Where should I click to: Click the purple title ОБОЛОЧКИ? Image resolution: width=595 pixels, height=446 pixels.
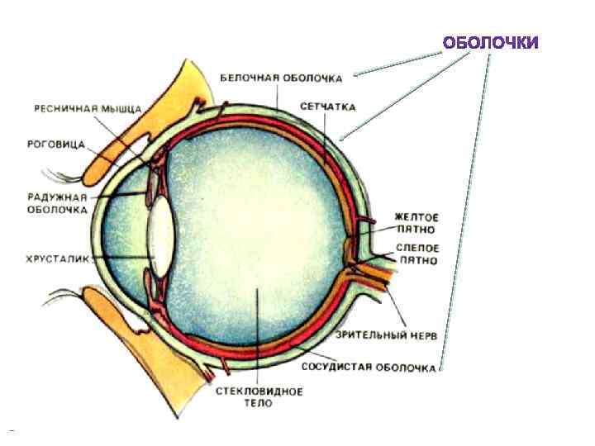490,42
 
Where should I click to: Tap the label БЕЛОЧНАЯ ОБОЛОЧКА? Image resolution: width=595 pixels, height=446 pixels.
281,78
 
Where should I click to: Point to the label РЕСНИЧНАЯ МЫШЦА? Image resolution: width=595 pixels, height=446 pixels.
88,108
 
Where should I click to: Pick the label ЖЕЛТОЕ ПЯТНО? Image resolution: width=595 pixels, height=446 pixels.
415,221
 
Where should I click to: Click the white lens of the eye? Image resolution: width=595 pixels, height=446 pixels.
161,230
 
